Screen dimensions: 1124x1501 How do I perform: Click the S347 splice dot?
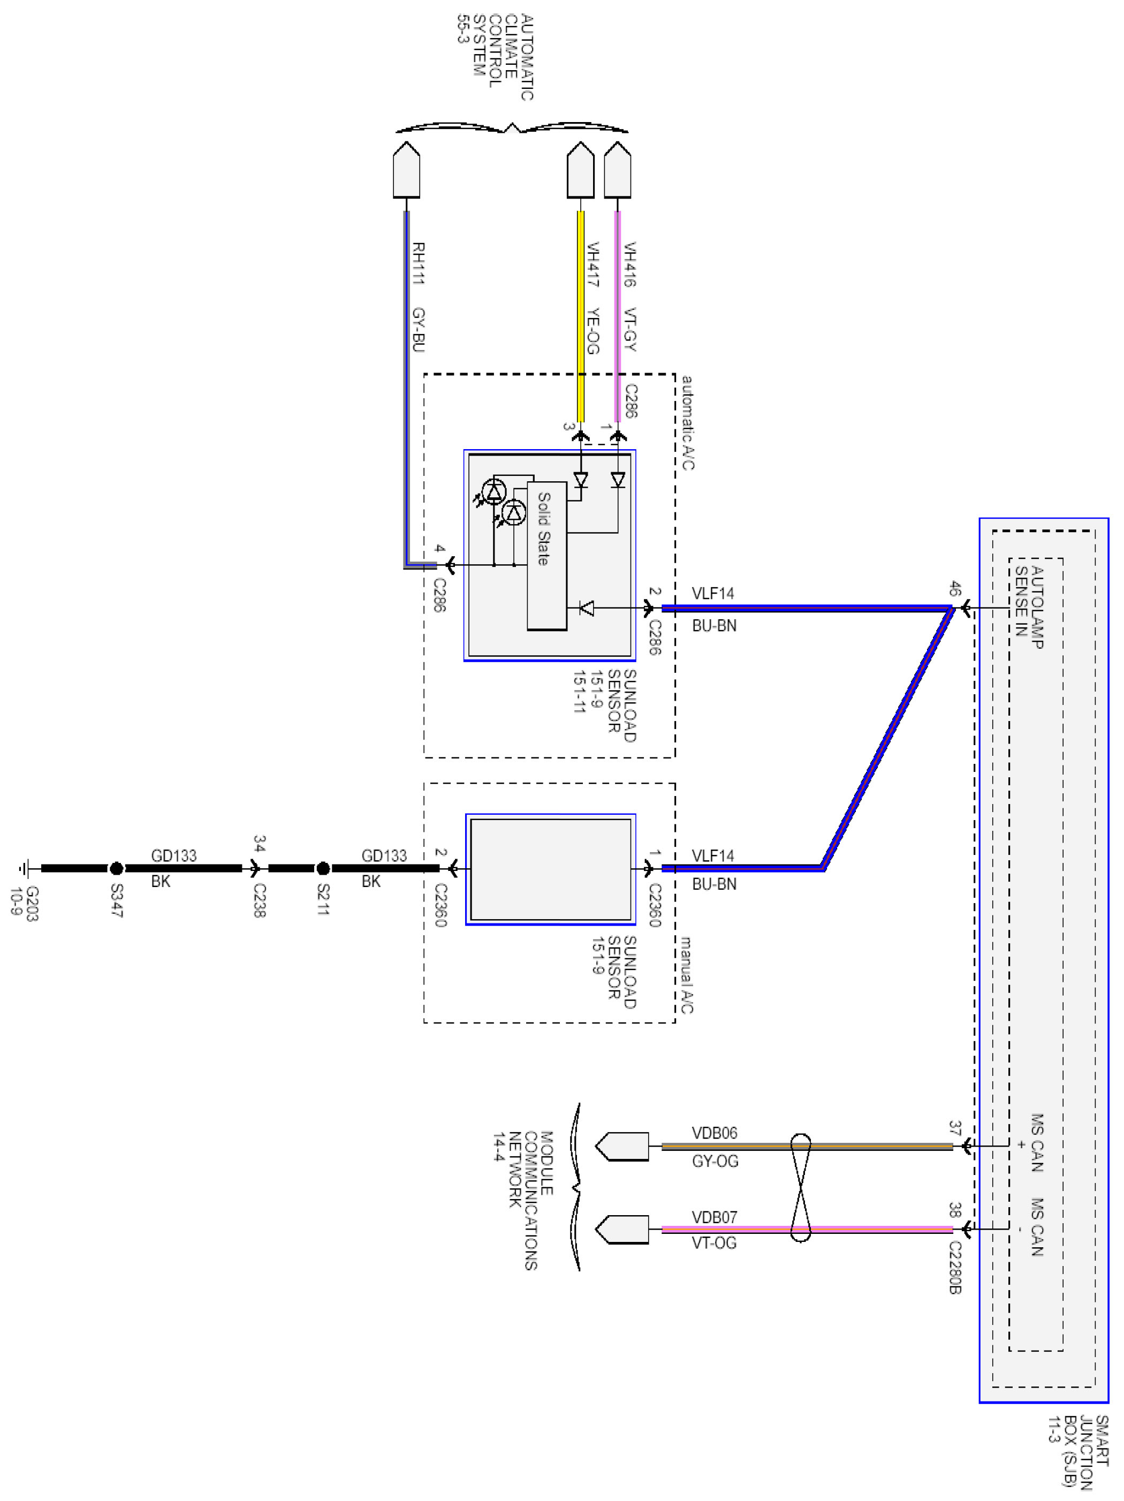coord(116,868)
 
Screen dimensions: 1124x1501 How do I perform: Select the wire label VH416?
coord(629,264)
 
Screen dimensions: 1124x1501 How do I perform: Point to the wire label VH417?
coord(592,264)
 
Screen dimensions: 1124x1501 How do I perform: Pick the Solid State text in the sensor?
coord(543,528)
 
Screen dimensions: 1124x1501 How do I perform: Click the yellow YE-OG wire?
coord(581,316)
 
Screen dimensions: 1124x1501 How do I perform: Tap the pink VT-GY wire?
coord(617,316)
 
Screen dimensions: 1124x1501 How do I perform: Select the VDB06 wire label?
coord(715,1133)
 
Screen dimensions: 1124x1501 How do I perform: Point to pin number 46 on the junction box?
coord(955,588)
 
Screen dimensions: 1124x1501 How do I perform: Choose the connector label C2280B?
coord(955,1268)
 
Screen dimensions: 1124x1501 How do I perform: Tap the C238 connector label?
coord(259,900)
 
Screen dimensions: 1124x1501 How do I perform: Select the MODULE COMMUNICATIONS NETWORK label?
coord(523,1200)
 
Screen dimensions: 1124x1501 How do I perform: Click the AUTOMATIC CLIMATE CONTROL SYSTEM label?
coord(495,58)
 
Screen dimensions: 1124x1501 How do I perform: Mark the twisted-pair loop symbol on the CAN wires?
coord(800,1187)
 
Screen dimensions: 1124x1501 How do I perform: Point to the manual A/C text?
coord(686,975)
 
